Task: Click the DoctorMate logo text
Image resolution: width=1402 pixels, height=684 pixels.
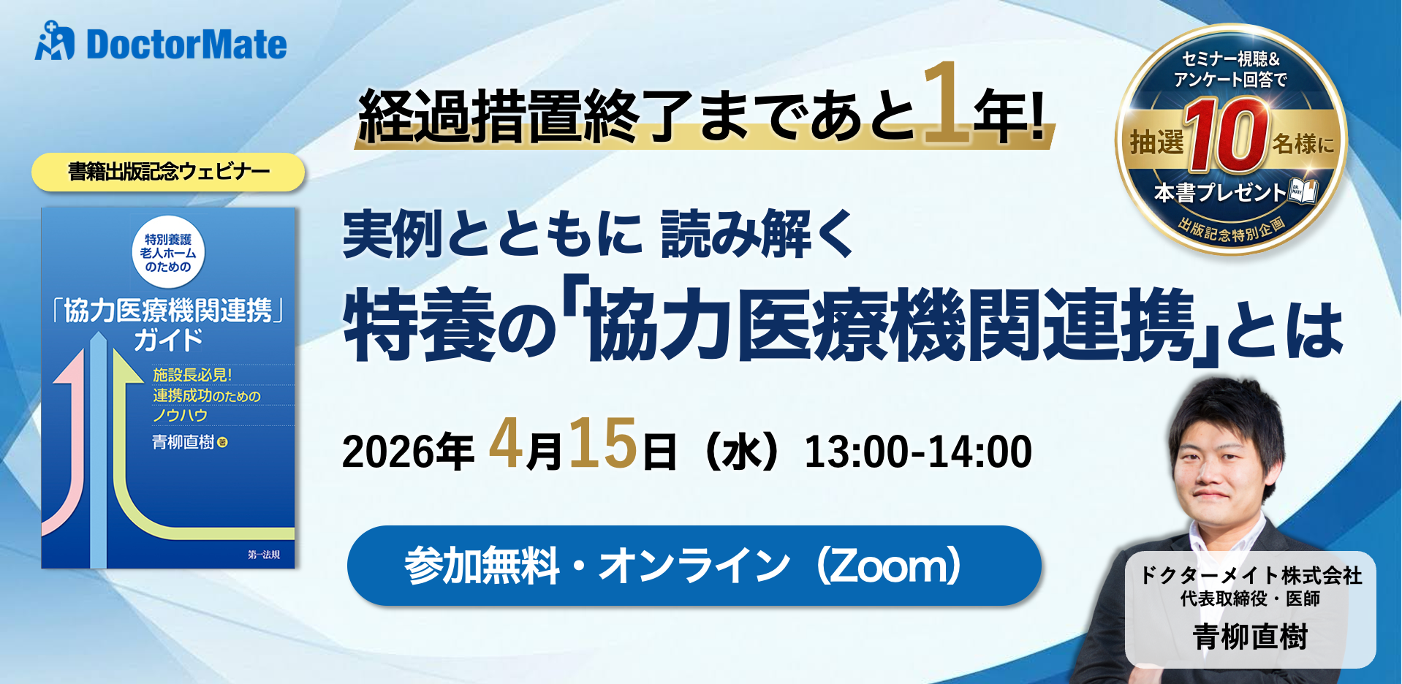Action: pyautogui.click(x=186, y=45)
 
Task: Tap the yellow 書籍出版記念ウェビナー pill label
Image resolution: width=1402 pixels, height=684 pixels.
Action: pyautogui.click(x=168, y=172)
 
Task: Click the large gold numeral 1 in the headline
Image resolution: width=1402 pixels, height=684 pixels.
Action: pyautogui.click(x=946, y=104)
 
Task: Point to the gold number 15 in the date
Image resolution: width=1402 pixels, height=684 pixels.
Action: pyautogui.click(x=603, y=444)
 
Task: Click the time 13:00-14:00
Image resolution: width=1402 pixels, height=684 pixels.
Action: pyautogui.click(x=918, y=452)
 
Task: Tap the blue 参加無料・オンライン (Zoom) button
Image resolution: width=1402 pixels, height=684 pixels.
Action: pyautogui.click(x=694, y=566)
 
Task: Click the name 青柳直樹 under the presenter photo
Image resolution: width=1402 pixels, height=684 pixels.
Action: pyautogui.click(x=1250, y=636)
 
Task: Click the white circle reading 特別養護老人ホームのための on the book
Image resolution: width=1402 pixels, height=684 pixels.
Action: pyautogui.click(x=168, y=253)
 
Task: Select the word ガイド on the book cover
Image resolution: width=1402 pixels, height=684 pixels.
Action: pyautogui.click(x=168, y=340)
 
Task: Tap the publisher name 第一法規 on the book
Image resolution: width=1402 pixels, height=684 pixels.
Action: pyautogui.click(x=263, y=555)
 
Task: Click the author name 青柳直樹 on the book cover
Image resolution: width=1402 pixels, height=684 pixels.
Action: pyautogui.click(x=183, y=442)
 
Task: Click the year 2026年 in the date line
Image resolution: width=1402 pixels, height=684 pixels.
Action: pyautogui.click(x=408, y=452)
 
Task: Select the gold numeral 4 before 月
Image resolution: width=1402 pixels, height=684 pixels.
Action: pyautogui.click(x=506, y=444)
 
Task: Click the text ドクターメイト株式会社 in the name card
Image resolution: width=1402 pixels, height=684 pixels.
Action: pyautogui.click(x=1251, y=575)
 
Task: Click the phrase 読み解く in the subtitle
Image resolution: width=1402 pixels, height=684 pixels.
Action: pyautogui.click(x=757, y=234)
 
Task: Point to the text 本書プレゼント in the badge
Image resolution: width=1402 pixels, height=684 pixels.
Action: pyautogui.click(x=1219, y=192)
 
